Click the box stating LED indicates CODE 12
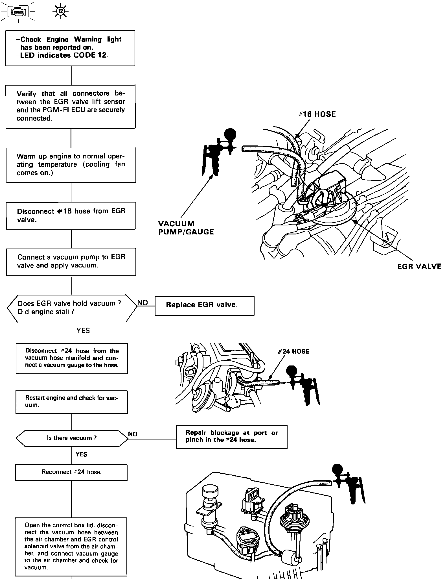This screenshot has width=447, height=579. (x=70, y=48)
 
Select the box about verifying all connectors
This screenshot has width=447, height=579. (x=71, y=106)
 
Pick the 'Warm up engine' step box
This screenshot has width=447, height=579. (x=71, y=165)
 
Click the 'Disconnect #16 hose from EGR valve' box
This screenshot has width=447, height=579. (x=71, y=215)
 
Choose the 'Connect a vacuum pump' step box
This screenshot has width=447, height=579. (x=71, y=262)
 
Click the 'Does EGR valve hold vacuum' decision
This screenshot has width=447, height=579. (x=72, y=308)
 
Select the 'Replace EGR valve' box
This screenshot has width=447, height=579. (x=204, y=305)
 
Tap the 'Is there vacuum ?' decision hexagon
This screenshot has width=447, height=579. (x=72, y=438)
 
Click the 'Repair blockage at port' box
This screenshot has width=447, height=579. (x=231, y=436)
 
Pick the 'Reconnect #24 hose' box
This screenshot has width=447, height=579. (x=71, y=472)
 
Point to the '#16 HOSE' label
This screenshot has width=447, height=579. (x=317, y=114)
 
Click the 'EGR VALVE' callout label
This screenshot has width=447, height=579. (x=419, y=266)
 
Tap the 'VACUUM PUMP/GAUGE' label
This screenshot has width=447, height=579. (x=186, y=228)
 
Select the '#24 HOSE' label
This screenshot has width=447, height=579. (x=293, y=351)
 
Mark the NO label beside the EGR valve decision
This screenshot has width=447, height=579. (x=143, y=303)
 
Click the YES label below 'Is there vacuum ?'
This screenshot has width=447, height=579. (x=81, y=454)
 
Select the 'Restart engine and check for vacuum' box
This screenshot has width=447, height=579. (x=71, y=401)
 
